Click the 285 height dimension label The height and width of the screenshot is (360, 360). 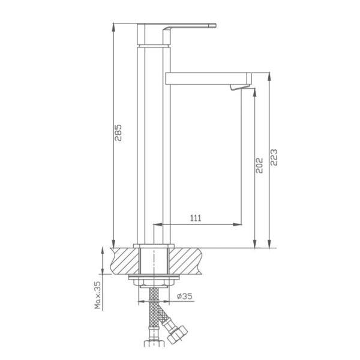tap(119, 133)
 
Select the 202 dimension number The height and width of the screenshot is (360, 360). tap(259, 166)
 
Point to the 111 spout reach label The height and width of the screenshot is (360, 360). tap(196, 218)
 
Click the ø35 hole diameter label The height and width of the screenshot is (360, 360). tap(185, 296)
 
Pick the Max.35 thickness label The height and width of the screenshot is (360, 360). tap(95, 295)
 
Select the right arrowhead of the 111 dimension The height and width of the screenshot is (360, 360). tap(239, 224)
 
